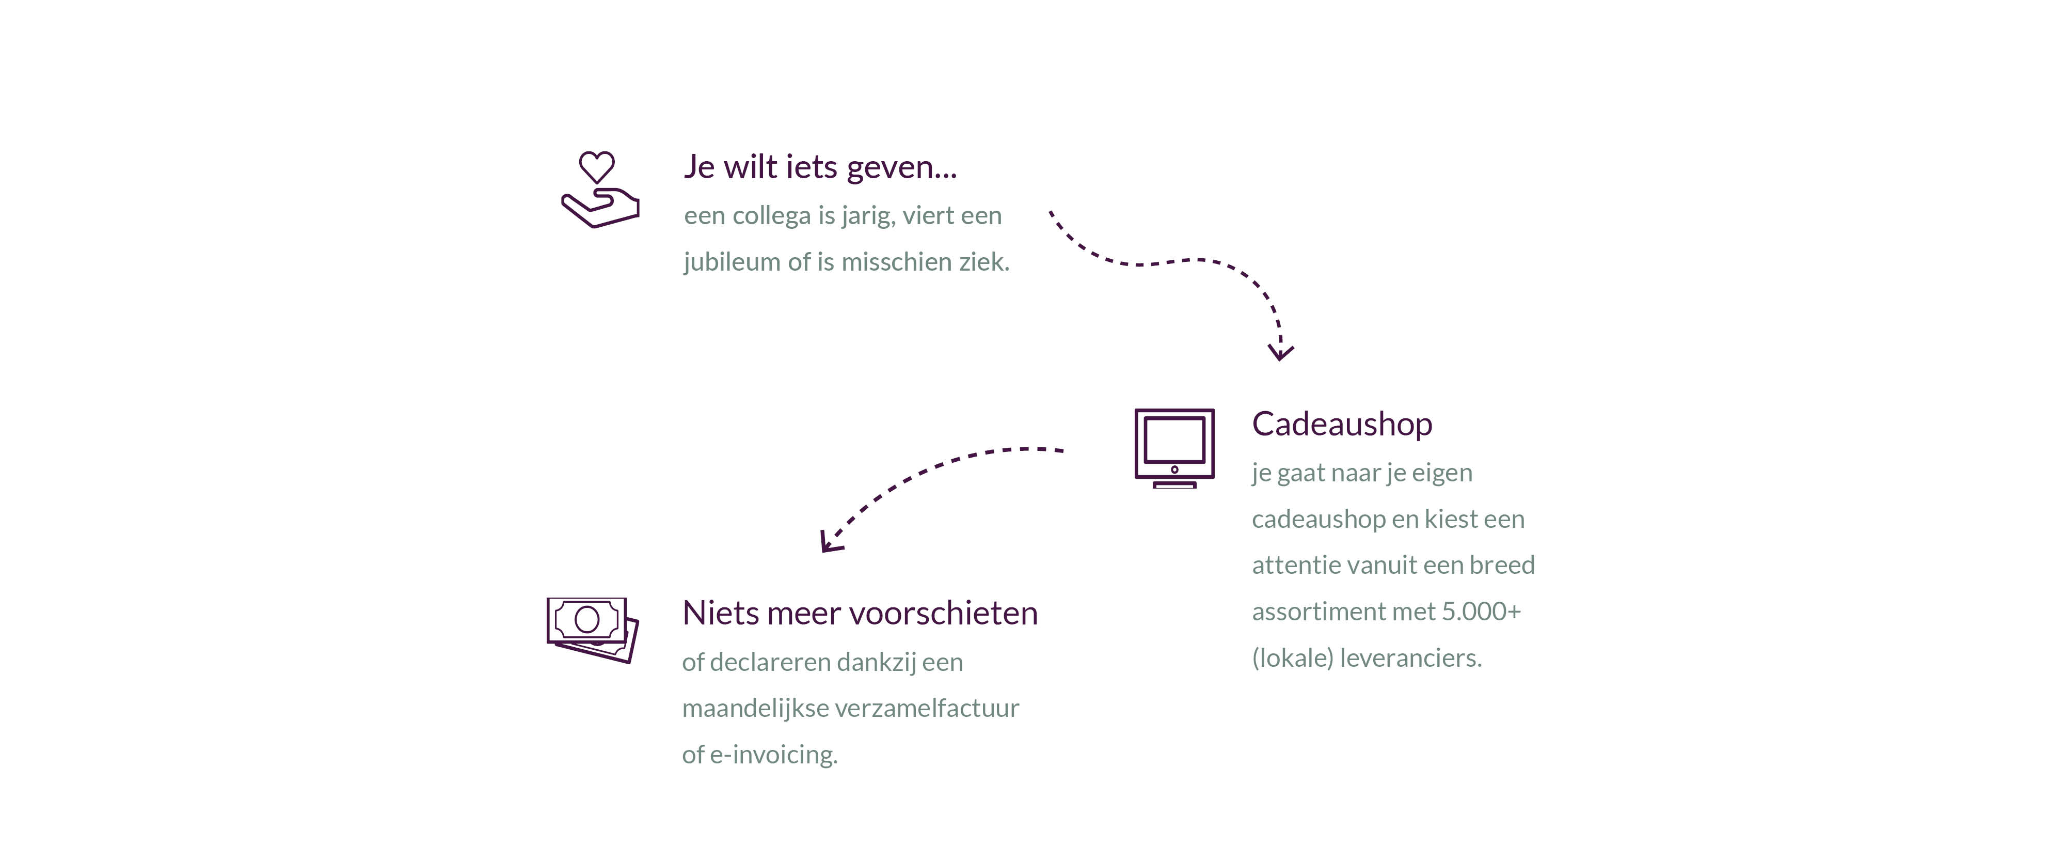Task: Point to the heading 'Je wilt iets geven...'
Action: [x=820, y=167]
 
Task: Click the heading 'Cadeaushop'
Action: [x=1342, y=424]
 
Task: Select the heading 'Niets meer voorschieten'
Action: [x=860, y=613]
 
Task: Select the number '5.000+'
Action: [x=1482, y=611]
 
